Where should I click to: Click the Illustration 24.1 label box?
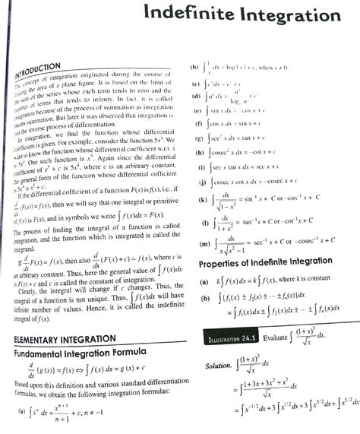click(231, 334)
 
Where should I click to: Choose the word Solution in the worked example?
click(217, 366)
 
